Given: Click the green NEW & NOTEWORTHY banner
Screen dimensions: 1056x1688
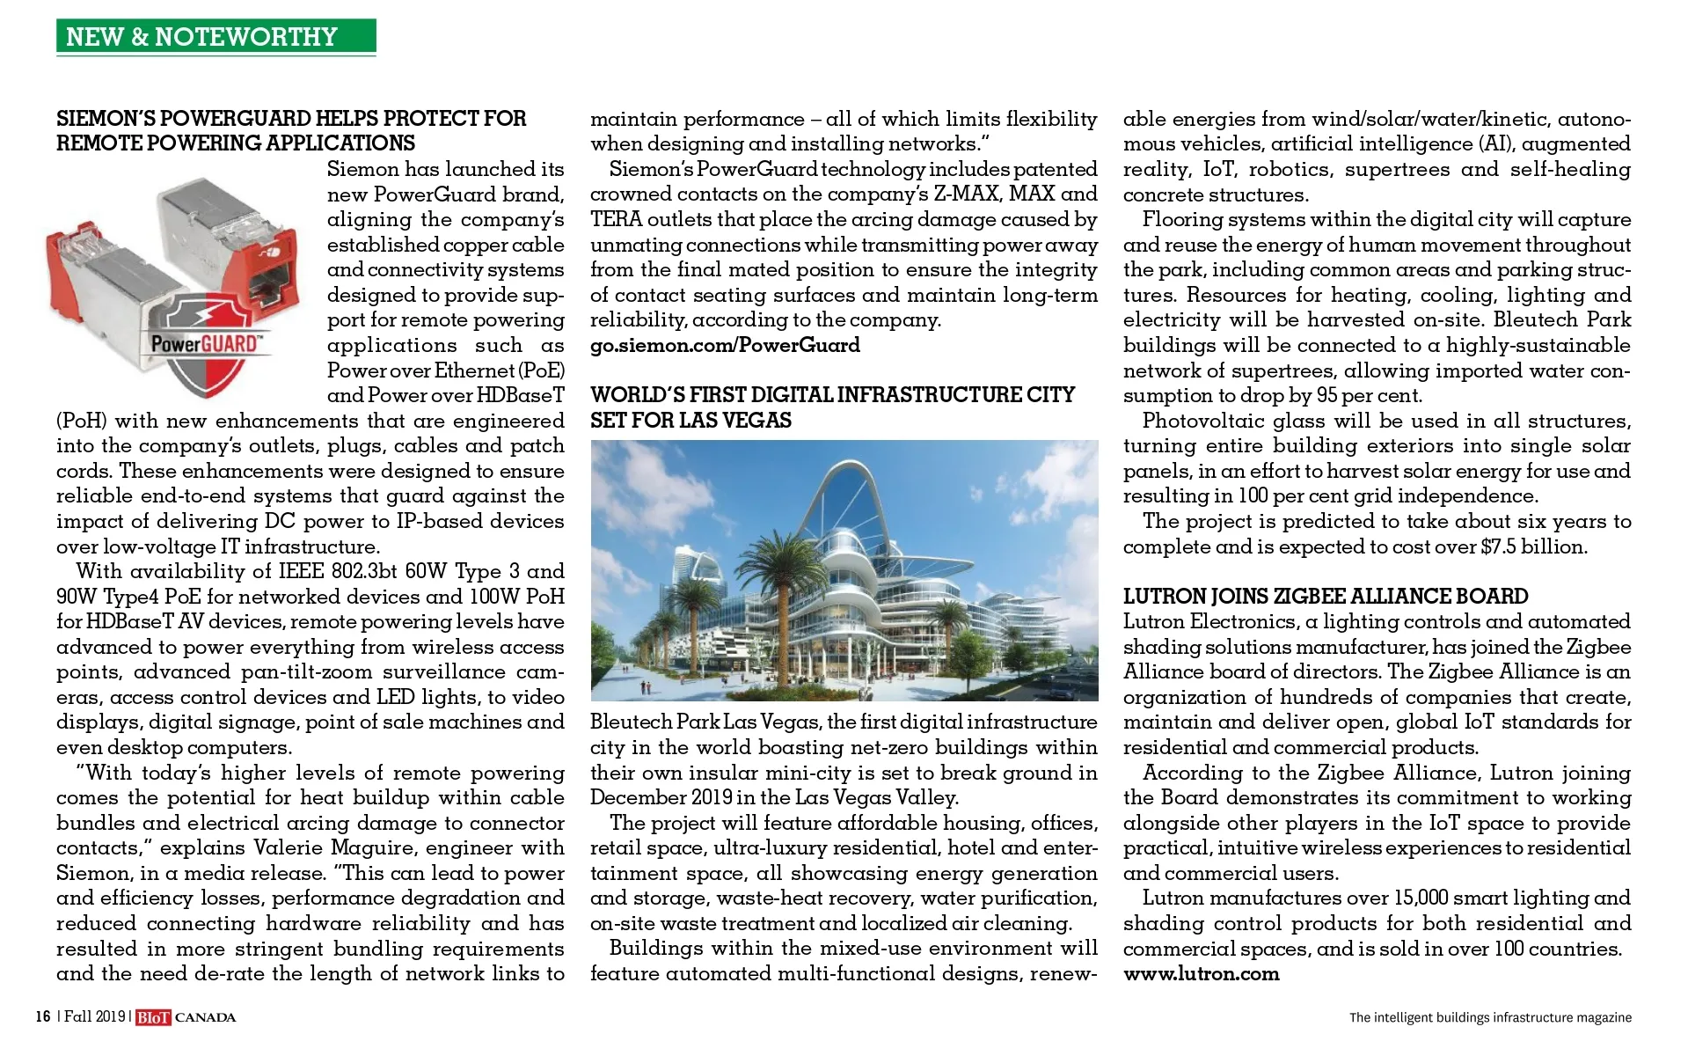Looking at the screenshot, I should (216, 36).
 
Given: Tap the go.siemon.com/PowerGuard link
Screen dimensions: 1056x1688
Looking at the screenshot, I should (725, 345).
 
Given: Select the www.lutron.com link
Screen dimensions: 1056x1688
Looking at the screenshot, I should (1201, 973).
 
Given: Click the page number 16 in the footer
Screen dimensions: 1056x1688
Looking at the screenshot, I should (42, 1017).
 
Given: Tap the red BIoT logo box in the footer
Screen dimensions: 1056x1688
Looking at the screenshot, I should (153, 1017).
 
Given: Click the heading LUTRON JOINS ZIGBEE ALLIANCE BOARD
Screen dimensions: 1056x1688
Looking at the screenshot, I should (1325, 597).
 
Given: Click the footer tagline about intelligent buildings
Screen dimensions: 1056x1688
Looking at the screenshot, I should (1490, 1017).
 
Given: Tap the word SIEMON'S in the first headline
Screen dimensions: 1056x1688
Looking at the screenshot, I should (108, 119).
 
